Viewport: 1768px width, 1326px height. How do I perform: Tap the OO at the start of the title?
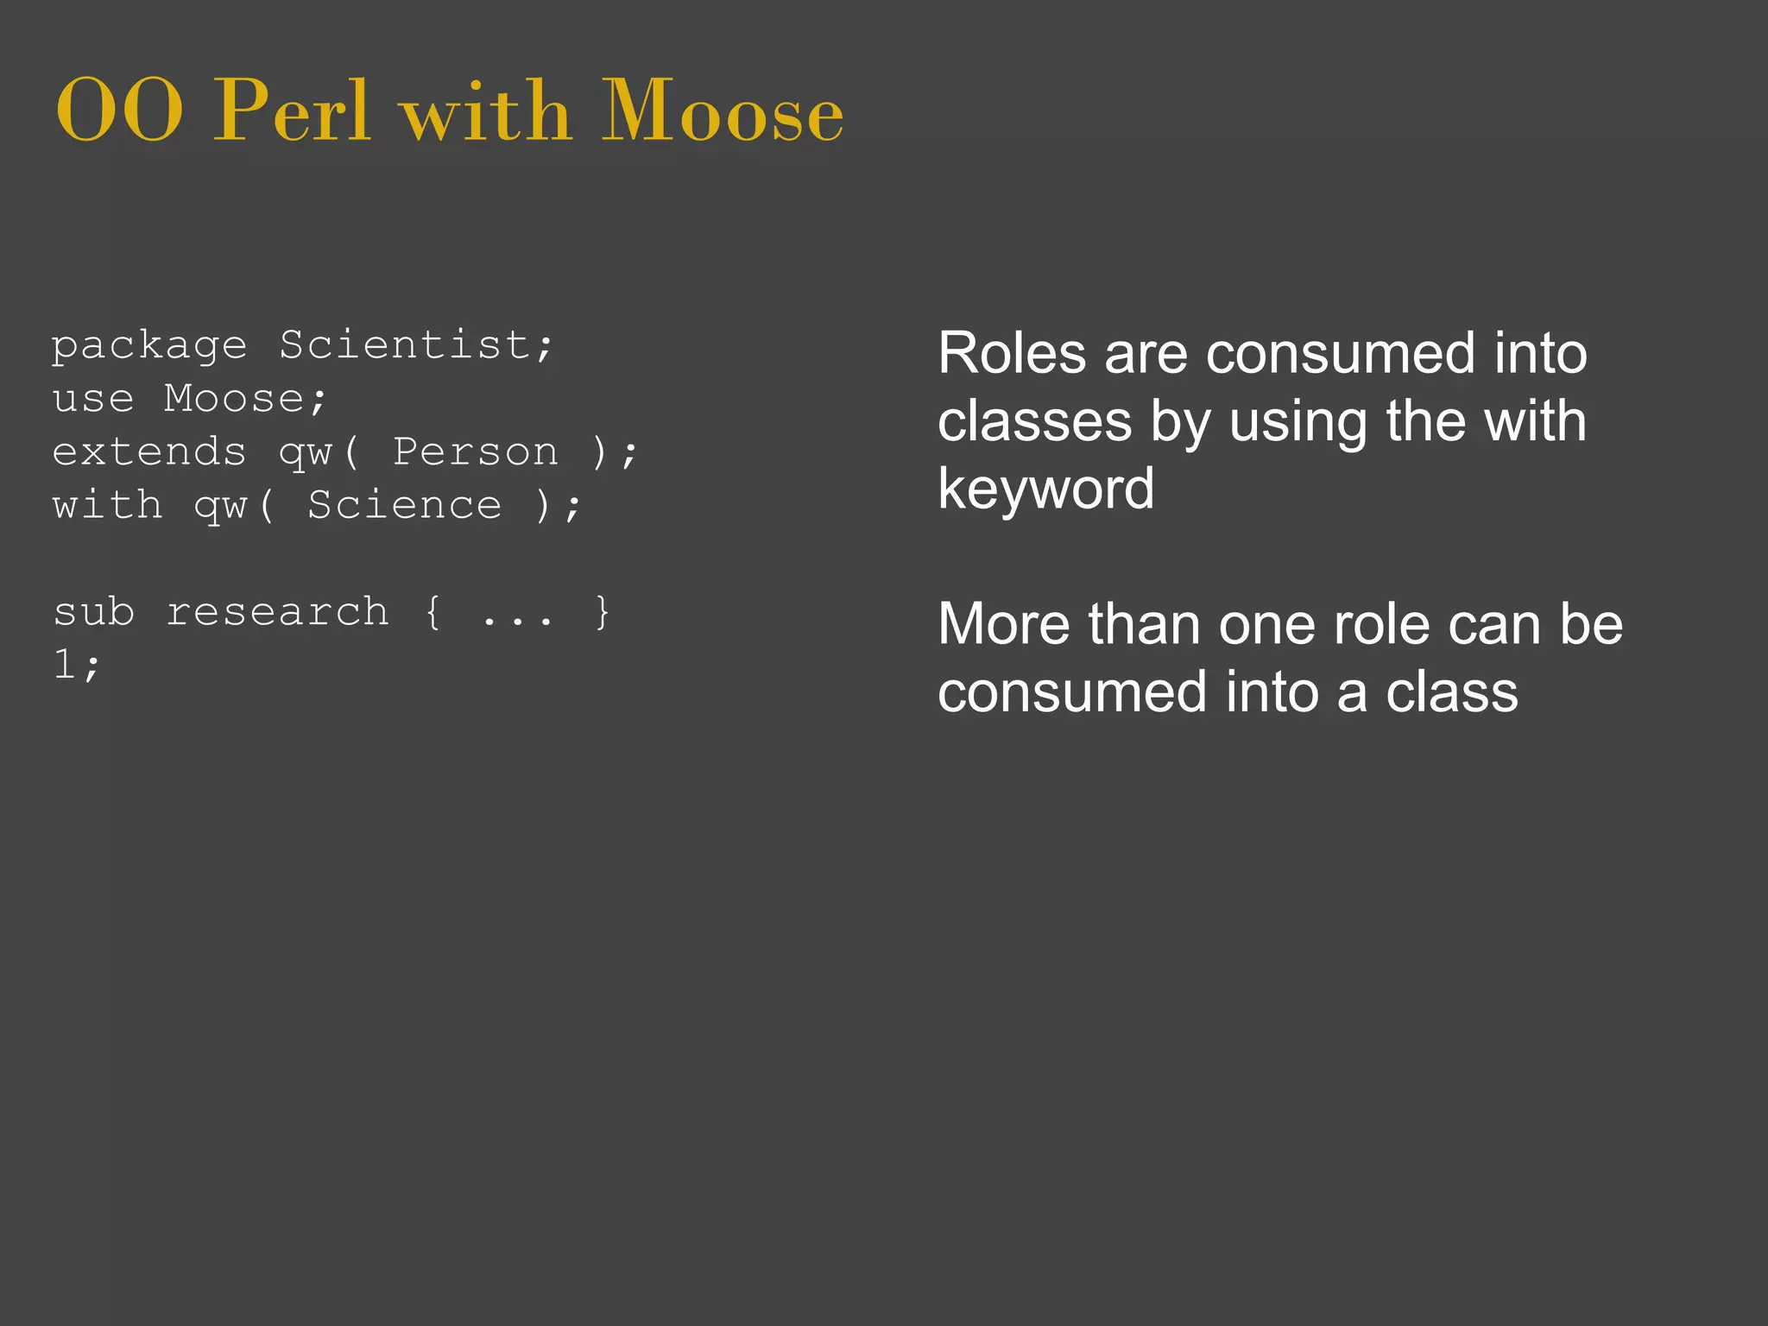tap(119, 112)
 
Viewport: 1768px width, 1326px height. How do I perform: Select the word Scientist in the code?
tap(404, 345)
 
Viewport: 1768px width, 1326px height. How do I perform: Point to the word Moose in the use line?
tap(234, 399)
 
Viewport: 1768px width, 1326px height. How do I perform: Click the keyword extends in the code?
tap(149, 452)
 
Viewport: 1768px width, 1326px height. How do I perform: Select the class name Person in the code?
tap(476, 452)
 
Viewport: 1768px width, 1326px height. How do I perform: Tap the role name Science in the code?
tap(404, 506)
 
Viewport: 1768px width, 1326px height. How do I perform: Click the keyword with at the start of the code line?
tap(107, 506)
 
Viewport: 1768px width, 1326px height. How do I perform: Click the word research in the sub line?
tap(277, 613)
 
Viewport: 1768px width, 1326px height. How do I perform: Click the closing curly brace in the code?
tap(602, 613)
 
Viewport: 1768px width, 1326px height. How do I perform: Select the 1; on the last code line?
tap(77, 665)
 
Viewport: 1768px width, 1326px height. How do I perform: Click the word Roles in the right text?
tap(1012, 354)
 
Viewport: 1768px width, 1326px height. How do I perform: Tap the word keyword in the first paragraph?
tap(1045, 489)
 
